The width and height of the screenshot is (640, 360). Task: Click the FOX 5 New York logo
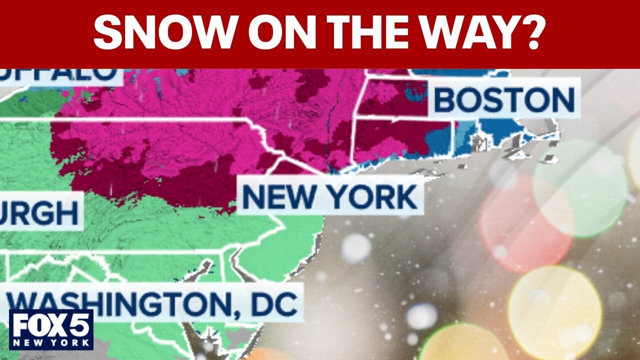(51, 329)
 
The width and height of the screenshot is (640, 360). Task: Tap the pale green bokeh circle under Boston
(580, 187)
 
